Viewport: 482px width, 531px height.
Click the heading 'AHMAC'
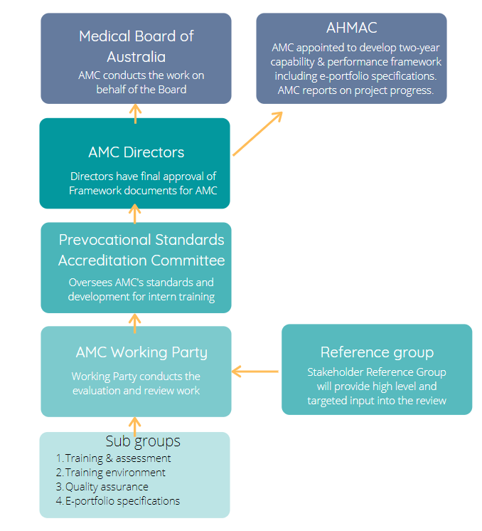[351, 28]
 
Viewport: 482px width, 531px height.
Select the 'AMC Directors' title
[136, 152]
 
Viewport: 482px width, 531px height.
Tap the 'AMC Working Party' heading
[141, 352]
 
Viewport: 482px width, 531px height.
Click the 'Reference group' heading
[377, 352]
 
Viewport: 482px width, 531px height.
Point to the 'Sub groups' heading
[143, 441]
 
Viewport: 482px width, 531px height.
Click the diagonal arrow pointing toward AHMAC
[258, 134]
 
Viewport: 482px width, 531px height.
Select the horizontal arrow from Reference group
[255, 372]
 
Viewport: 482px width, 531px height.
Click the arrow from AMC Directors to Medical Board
[135, 114]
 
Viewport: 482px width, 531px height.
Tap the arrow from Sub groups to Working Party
[135, 426]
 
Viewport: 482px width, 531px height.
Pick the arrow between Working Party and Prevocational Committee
[135, 323]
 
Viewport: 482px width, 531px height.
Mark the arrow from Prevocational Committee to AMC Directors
[135, 214]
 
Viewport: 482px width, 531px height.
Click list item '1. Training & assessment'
[113, 458]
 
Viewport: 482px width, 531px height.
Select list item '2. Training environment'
[111, 473]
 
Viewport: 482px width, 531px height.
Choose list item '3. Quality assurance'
[102, 487]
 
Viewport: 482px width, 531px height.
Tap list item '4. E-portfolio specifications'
[118, 501]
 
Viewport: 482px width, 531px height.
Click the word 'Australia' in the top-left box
[136, 57]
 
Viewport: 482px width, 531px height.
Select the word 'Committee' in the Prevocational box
[188, 261]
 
